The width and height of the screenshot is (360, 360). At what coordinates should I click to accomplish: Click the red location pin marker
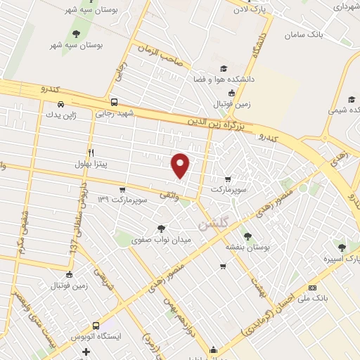coord(181,165)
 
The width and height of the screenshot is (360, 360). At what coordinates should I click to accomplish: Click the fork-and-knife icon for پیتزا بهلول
coord(91,153)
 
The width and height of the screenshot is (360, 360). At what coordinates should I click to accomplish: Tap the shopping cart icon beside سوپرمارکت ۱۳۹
coord(122,189)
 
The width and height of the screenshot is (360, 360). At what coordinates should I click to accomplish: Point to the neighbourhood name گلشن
coord(213,226)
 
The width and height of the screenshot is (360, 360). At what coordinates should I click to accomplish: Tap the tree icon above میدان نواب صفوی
coord(162,228)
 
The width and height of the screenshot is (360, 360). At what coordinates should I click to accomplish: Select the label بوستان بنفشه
coord(244,247)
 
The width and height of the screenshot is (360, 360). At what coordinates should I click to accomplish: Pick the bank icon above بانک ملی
coord(313,288)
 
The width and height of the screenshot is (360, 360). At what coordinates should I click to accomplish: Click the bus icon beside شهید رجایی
coord(114,102)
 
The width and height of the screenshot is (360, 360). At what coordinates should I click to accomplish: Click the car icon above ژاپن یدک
coord(60,104)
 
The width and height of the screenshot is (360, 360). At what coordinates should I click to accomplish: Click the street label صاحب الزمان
coord(162,58)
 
